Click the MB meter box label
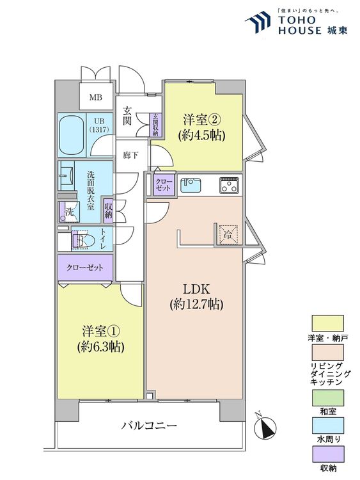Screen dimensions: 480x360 [95, 98]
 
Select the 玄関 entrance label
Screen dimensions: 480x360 [128, 115]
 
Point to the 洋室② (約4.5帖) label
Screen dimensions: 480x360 [204, 127]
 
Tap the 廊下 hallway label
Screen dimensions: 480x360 [130, 156]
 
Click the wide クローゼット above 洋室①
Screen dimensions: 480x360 [86, 267]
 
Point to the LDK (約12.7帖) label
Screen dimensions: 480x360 [196, 296]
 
